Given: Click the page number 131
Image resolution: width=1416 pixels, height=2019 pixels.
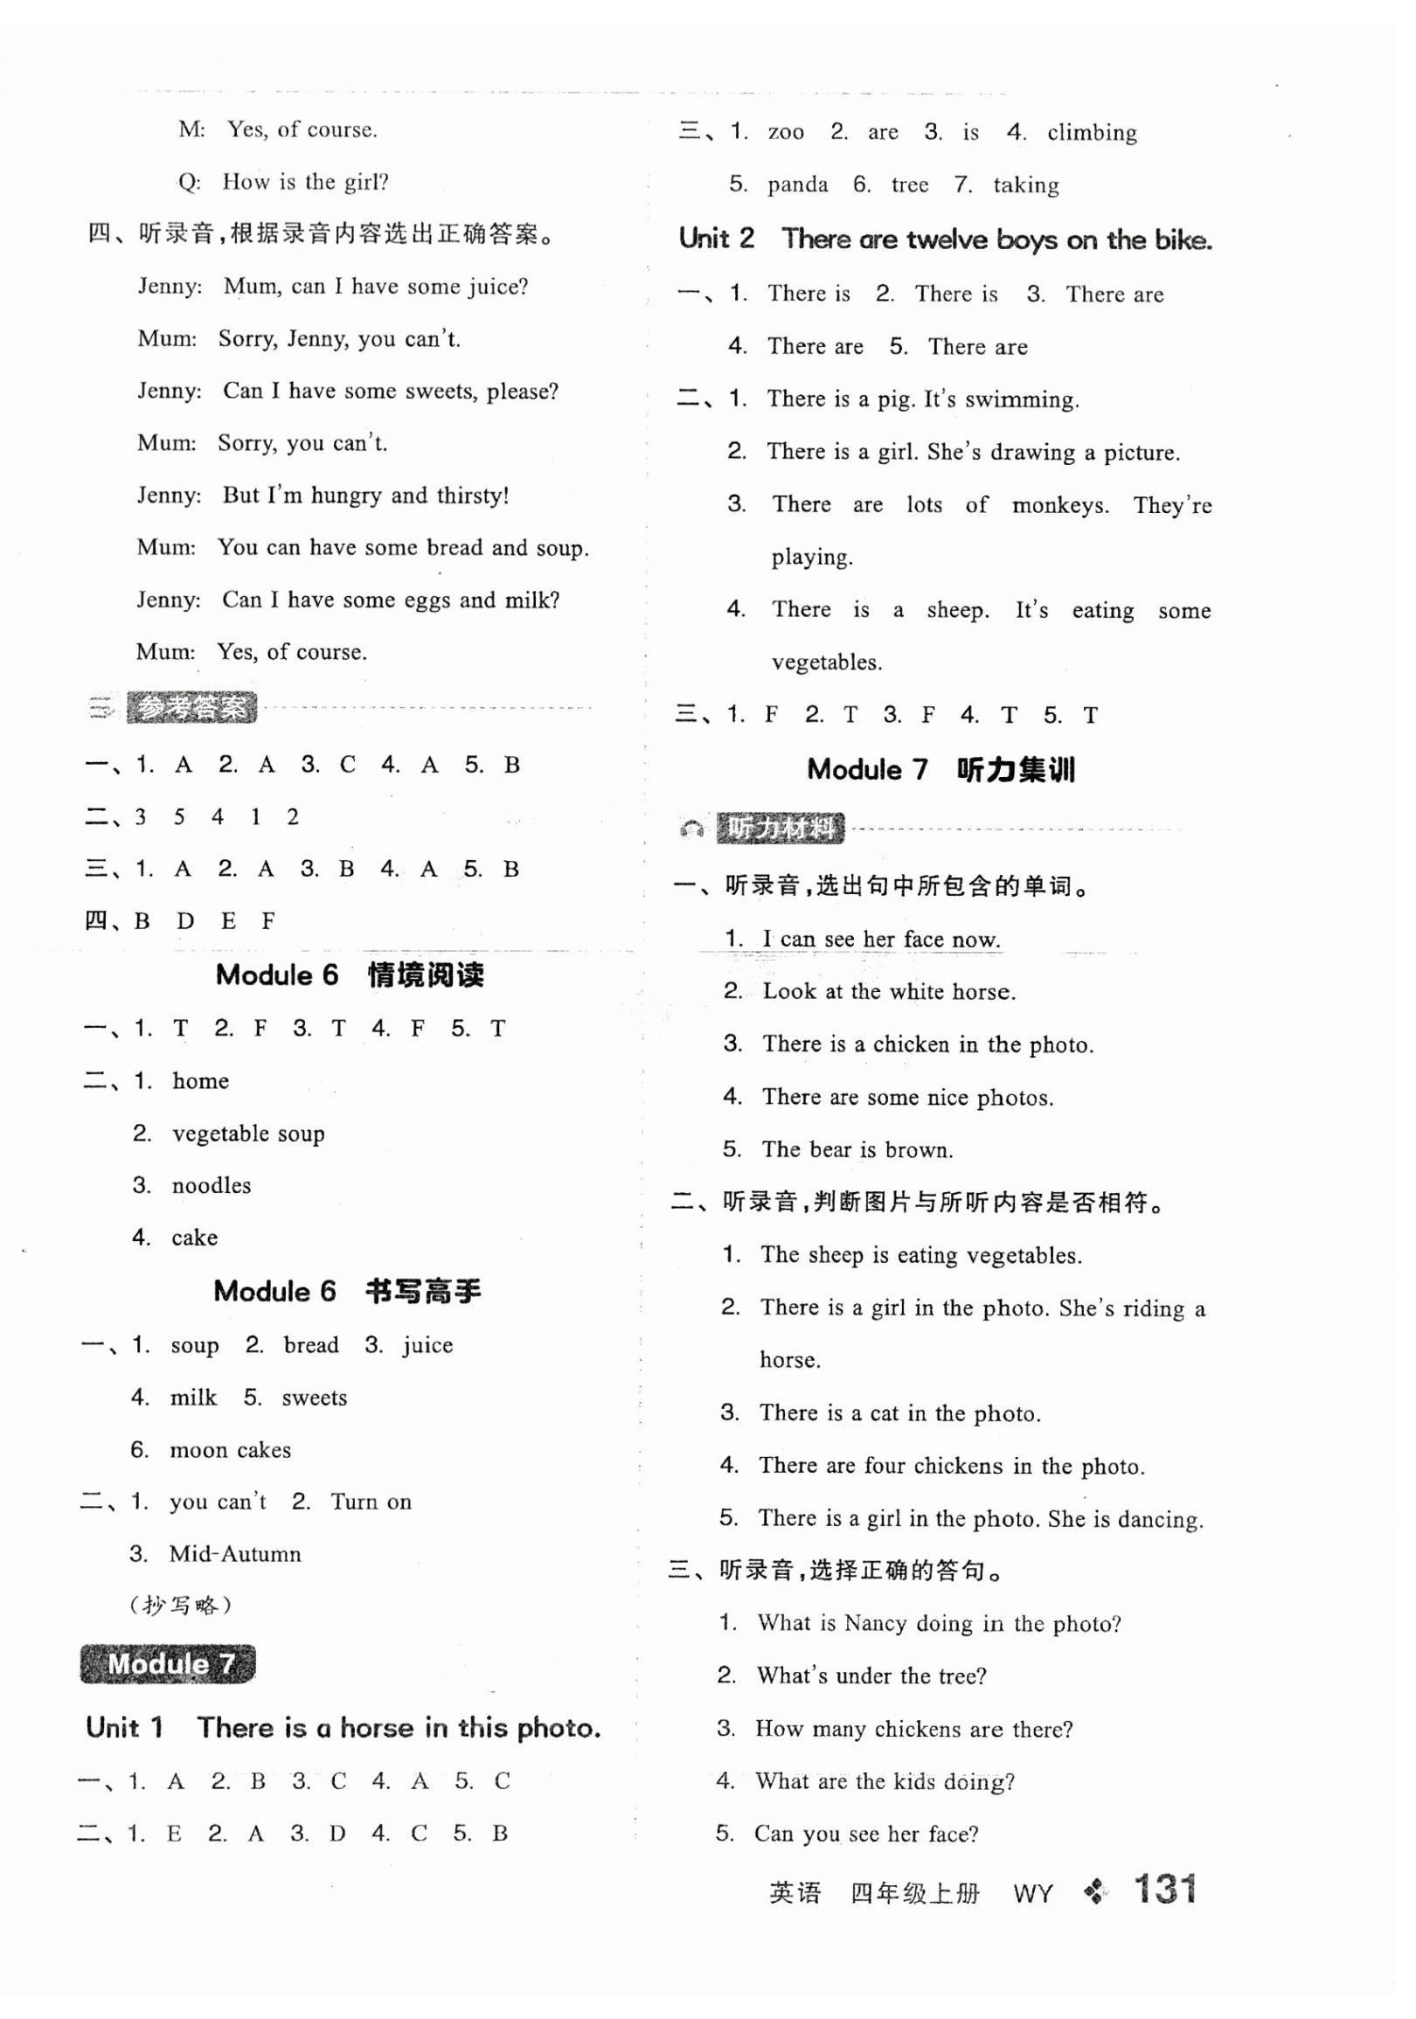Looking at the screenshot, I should coord(1164,1889).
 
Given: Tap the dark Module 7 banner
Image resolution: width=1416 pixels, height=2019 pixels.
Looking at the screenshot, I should coord(167,1664).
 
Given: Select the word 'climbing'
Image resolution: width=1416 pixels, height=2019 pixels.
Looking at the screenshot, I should coord(1092,133).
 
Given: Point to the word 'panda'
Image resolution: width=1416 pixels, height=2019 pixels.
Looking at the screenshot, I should coord(797,185).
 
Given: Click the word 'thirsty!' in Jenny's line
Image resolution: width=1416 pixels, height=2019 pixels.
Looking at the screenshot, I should coord(473,496).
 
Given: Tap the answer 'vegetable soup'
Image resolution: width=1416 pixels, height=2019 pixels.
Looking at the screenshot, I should coord(248,1134).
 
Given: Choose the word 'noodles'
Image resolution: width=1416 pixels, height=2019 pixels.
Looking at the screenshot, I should coord(211,1185).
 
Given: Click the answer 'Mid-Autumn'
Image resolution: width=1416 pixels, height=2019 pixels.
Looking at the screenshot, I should coord(235,1554).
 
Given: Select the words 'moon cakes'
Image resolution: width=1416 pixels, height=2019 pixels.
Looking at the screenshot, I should coord(230,1450).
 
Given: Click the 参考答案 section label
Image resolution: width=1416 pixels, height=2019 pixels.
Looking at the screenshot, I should coord(191,708).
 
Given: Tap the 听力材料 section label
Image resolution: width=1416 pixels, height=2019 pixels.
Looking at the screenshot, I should coord(781,829).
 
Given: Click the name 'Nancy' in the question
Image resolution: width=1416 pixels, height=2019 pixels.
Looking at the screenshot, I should coord(875,1623).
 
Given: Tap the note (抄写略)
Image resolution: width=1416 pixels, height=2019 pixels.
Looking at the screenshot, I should coord(180,1606).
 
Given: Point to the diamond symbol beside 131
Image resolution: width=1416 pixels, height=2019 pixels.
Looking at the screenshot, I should coord(1095,1891).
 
